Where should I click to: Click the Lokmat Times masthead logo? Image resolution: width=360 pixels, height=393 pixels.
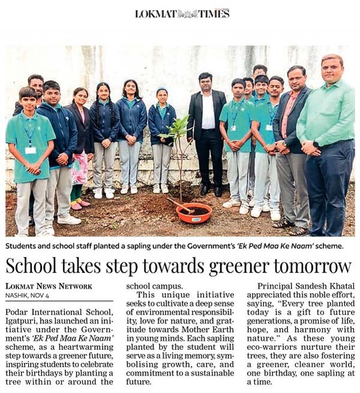(x=182, y=13)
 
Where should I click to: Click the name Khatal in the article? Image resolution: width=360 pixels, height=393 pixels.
(x=338, y=286)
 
